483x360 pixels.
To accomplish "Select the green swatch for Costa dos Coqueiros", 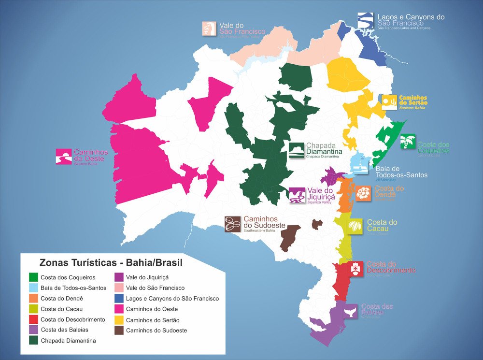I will [x=33, y=277].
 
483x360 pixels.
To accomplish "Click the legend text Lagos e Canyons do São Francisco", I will [x=172, y=299].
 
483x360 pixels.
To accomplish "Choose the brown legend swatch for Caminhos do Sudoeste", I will [x=119, y=331].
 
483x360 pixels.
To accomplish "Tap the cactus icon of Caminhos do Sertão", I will [x=389, y=102].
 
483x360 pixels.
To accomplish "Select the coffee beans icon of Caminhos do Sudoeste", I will [x=232, y=224].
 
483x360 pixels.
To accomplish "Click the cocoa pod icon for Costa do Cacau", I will [x=356, y=225].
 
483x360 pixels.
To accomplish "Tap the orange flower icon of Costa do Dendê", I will [x=364, y=193].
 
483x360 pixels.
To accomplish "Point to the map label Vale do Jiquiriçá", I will [x=321, y=195].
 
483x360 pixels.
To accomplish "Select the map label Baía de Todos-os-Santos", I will [x=401, y=172].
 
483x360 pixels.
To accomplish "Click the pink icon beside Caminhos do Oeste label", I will [x=64, y=157].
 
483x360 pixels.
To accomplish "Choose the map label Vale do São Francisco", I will [x=239, y=29].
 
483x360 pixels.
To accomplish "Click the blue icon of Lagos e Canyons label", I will [x=365, y=21].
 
